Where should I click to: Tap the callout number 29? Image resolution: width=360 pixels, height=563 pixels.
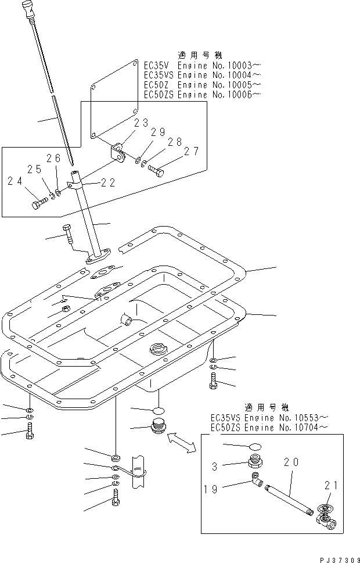coord(159,133)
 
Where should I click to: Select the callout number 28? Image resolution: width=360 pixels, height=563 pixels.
coord(175,142)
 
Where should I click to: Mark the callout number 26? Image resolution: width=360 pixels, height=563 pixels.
coord(53,158)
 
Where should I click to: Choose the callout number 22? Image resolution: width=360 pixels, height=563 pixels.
coord(108,182)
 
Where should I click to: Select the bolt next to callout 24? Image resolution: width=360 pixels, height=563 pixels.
coord(39,205)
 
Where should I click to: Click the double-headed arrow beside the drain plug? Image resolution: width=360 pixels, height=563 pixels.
coord(182,442)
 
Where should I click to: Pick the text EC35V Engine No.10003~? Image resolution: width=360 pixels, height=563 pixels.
coord(202,66)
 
